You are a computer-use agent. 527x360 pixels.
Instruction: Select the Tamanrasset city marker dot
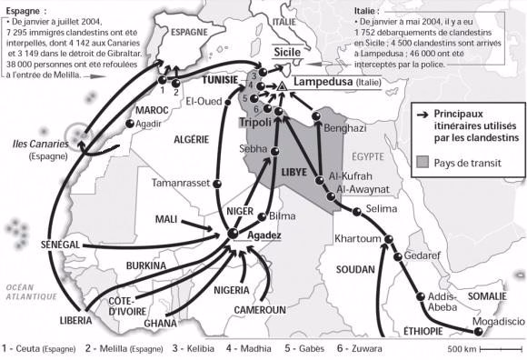(216, 184)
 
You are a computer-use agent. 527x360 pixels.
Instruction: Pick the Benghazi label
(343, 128)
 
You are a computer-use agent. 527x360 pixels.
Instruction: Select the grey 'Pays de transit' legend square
(423, 162)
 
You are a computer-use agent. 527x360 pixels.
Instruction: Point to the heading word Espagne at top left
(24, 6)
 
